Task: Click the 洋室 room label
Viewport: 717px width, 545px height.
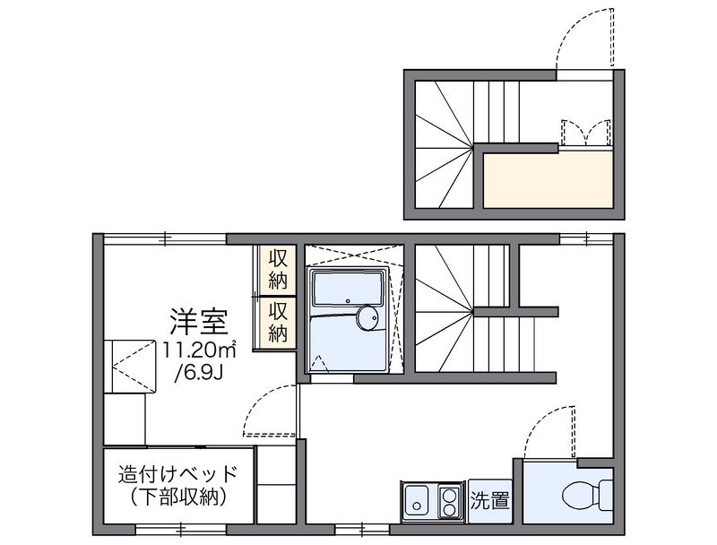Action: tap(199, 322)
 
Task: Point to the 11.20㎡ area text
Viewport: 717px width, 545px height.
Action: tap(199, 350)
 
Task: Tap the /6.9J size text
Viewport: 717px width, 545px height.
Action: tap(199, 374)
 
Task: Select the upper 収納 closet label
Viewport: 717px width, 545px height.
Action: tap(278, 269)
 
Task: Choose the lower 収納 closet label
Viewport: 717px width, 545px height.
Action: tap(278, 322)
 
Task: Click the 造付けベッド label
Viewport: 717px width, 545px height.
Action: tap(177, 474)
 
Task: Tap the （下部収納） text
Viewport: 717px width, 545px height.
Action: tap(177, 497)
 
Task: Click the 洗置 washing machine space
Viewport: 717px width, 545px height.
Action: tap(489, 501)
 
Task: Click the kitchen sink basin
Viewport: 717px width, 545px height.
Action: tap(416, 501)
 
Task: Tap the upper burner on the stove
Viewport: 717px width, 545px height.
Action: tap(448, 494)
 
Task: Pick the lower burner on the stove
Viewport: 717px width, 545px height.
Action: tap(448, 510)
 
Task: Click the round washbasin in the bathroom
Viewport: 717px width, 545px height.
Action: tap(367, 317)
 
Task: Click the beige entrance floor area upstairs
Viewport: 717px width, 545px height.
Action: tap(548, 179)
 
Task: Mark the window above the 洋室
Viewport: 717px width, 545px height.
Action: tap(165, 238)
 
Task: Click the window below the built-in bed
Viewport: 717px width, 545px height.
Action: tap(182, 531)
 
